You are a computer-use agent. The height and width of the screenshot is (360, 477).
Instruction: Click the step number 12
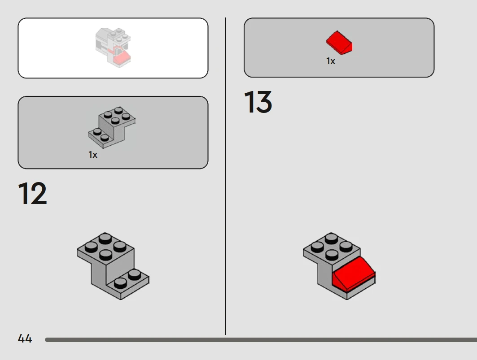pyautogui.click(x=32, y=193)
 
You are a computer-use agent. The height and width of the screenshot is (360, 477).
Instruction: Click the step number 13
pyautogui.click(x=258, y=102)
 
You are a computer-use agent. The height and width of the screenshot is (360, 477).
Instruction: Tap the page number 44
pyautogui.click(x=25, y=338)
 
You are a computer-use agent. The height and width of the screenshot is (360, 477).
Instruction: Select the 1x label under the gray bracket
pyautogui.click(x=93, y=155)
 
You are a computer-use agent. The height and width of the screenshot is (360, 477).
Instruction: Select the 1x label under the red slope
pyautogui.click(x=331, y=61)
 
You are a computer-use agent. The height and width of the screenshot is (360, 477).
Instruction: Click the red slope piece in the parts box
pyautogui.click(x=339, y=43)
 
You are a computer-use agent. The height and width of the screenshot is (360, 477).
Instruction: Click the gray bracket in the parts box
pyautogui.click(x=112, y=127)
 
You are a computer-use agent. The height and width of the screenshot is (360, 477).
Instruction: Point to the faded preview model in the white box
pyautogui.click(x=113, y=48)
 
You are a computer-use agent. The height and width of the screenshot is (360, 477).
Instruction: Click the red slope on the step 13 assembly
pyautogui.click(x=354, y=273)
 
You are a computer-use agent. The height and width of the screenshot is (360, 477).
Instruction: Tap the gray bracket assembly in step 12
pyautogui.click(x=113, y=266)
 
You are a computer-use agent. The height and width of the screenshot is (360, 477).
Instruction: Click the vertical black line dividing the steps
pyautogui.click(x=225, y=176)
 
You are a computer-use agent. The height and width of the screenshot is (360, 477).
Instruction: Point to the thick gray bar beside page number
pyautogui.click(x=261, y=340)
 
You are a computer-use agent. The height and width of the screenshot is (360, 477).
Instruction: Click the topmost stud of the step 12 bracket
pyautogui.click(x=105, y=238)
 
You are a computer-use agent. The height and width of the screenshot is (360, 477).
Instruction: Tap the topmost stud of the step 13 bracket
pyautogui.click(x=331, y=238)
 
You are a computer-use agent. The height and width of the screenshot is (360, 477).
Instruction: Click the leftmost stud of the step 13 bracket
pyautogui.click(x=317, y=247)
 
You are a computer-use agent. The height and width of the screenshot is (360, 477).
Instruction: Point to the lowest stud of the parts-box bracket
pyautogui.click(x=105, y=138)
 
